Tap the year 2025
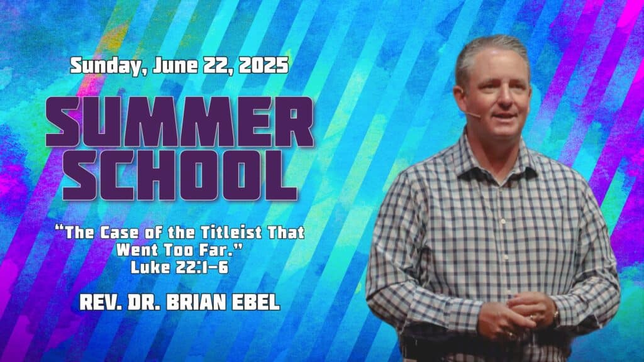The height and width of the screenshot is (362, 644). [264, 65]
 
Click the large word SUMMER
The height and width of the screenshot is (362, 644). [180, 123]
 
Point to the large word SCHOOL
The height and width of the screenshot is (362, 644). [180, 175]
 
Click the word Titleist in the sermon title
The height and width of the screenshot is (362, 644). [231, 233]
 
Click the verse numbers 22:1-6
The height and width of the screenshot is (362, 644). [202, 267]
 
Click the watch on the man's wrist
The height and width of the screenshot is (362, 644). [556, 317]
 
